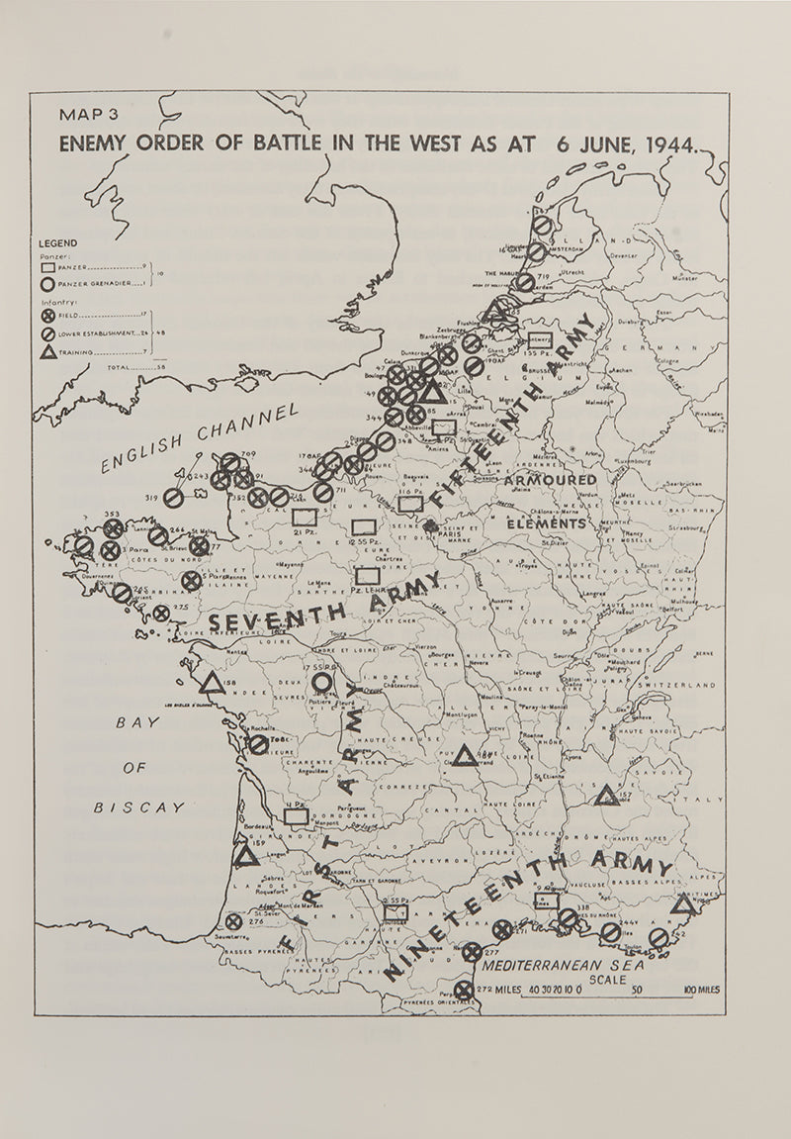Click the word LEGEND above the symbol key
click(x=58, y=243)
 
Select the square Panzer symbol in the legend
click(x=47, y=267)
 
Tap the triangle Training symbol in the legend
click(x=47, y=350)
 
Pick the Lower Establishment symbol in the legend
click(x=47, y=333)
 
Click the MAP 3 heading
click(x=87, y=115)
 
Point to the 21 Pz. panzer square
click(x=305, y=517)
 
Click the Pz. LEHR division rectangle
click(x=368, y=575)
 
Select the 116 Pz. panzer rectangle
click(x=410, y=503)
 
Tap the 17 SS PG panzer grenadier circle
click(x=322, y=682)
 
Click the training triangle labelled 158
click(x=210, y=683)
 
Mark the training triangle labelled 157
click(x=607, y=795)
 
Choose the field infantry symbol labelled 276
click(x=233, y=921)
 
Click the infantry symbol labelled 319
click(x=173, y=498)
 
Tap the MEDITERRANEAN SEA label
click(x=563, y=962)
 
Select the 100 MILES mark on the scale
click(x=700, y=990)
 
